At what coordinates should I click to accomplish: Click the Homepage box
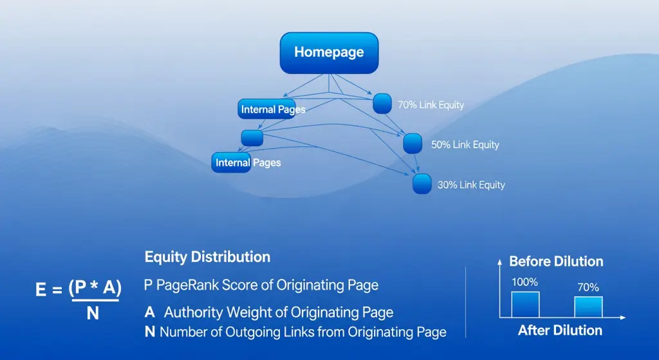329,53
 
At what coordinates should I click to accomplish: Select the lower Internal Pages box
232,162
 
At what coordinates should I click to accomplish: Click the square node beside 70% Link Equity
382,103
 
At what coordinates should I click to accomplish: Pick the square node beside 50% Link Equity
413,143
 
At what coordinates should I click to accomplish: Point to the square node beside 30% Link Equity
422,184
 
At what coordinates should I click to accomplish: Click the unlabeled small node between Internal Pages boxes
252,137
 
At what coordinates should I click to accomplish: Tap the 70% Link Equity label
431,104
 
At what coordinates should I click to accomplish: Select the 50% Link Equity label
465,145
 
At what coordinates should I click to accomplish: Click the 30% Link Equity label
471,185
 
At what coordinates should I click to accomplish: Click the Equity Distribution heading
207,257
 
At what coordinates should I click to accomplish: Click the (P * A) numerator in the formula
95,289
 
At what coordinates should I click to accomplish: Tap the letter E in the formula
41,290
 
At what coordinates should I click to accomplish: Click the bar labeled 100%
525,304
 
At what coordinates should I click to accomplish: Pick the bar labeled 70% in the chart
588,307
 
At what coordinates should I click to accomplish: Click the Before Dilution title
556,261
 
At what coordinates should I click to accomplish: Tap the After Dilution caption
560,330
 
